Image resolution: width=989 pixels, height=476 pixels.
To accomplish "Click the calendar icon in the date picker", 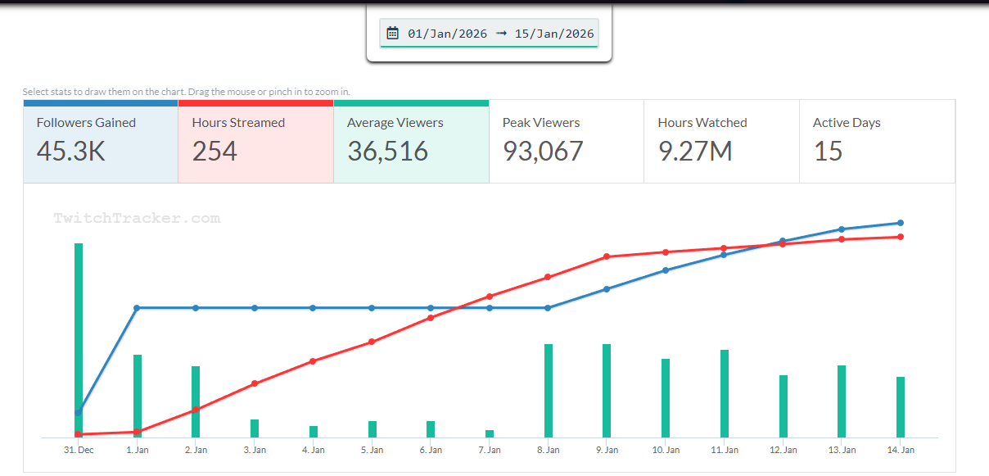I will coord(393,34).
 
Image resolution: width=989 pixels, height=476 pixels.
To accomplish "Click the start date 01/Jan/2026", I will coord(447,34).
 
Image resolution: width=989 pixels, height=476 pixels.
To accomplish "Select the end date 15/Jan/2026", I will coord(554,34).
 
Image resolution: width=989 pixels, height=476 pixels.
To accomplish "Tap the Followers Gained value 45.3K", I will coord(71,151).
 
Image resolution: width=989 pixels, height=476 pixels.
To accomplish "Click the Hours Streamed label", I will coord(238,123).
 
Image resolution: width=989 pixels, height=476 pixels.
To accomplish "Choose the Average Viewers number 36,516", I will coord(388,151).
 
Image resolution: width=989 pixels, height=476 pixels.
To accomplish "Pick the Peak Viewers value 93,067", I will coord(543,151).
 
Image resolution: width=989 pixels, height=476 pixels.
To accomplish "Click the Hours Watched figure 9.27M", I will coord(695,151).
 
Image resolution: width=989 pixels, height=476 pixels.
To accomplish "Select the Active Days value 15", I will coord(828,151).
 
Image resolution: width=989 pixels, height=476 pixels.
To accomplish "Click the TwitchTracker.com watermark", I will coord(137,219).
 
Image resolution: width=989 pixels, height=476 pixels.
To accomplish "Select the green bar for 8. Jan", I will coord(549,391).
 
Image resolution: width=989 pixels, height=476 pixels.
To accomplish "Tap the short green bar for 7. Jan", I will coord(490,433).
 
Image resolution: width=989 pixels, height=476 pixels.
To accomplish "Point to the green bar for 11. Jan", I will coord(725,393).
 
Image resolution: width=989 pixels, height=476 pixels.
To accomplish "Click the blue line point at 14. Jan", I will coord(901,223).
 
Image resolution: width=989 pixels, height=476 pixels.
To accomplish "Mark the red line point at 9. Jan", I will coord(607,256).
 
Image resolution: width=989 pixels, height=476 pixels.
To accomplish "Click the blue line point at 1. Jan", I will coord(137,308).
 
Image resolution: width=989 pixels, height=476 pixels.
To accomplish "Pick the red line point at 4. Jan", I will coord(313,361).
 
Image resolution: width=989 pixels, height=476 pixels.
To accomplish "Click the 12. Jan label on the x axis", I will coord(784,450).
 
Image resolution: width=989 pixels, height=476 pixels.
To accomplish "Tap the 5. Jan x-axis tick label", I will coord(372,450).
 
